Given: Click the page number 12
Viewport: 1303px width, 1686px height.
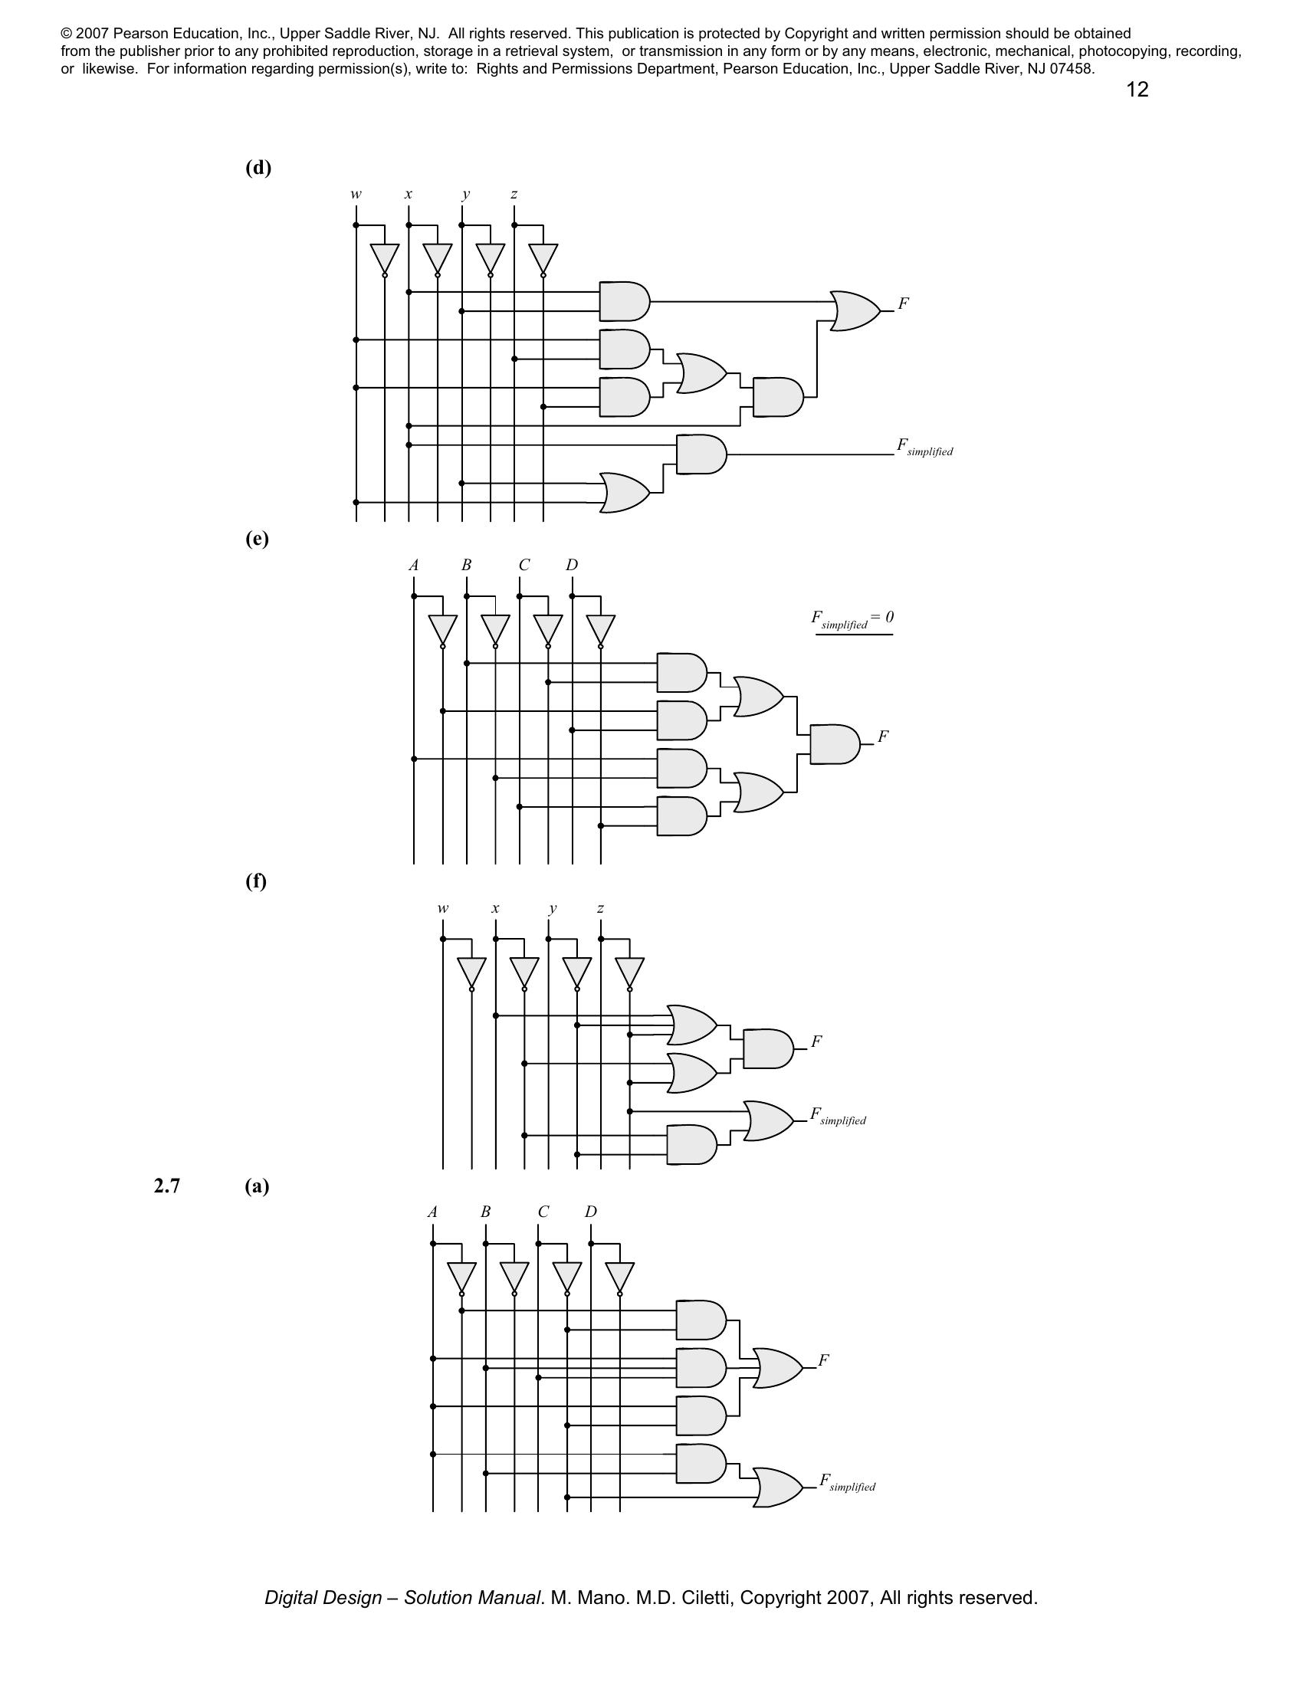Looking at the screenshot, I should tap(1137, 90).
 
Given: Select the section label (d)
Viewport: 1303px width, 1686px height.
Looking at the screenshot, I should tap(258, 168).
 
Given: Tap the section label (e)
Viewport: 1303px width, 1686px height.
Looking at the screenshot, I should tap(257, 538).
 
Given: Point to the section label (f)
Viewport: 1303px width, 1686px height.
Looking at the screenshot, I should tap(255, 880).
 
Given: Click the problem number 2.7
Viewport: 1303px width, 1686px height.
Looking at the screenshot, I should tap(166, 1186).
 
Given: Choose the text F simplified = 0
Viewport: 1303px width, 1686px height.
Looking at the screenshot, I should tap(852, 618).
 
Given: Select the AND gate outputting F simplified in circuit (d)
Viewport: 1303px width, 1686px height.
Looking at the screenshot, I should tap(701, 454).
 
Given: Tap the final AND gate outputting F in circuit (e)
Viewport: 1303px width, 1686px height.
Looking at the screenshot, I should tap(834, 744).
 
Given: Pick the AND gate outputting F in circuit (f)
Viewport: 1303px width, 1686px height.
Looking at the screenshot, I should tap(767, 1048).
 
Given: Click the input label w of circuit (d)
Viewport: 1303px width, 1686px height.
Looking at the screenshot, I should tap(355, 195).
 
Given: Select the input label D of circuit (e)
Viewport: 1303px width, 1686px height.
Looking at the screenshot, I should tap(571, 565).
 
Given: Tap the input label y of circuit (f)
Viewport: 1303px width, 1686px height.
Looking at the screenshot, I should tap(552, 909).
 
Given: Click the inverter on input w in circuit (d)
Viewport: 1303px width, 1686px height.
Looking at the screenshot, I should tap(385, 258).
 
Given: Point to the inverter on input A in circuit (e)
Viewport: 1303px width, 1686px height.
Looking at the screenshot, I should tap(442, 629).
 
